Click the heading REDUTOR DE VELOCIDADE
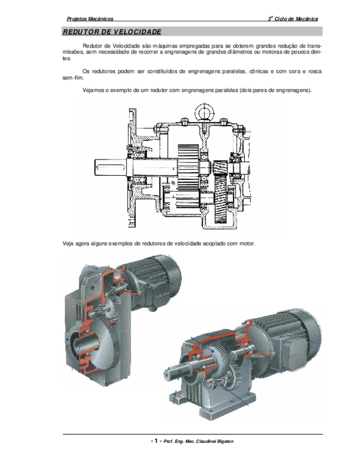(112, 32)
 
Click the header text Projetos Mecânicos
(90, 19)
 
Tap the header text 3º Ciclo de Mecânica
(293, 19)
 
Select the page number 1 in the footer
(156, 441)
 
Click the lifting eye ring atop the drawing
(205, 113)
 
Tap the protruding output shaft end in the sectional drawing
(110, 168)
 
